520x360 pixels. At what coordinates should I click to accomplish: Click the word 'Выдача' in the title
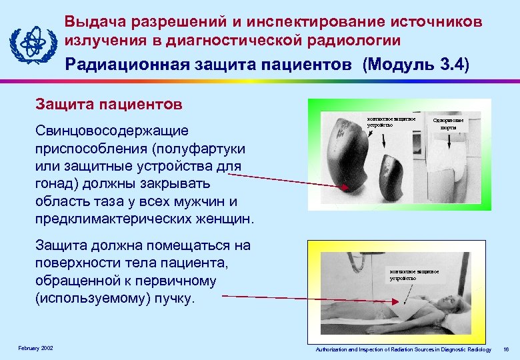point(95,22)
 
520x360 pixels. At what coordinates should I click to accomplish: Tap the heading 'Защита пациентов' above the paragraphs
point(109,105)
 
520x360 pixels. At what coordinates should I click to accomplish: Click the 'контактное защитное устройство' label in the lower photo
point(414,275)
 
